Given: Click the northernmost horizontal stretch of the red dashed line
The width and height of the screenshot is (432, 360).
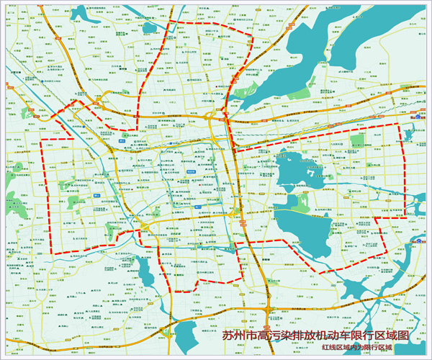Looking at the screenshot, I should (209, 26).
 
